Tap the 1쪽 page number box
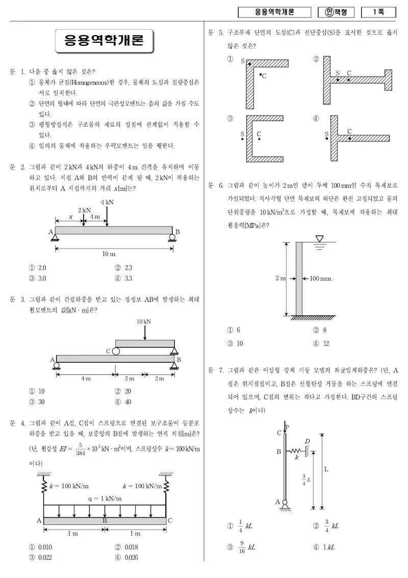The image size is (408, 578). pyautogui.click(x=378, y=12)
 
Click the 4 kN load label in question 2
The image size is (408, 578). pyautogui.click(x=107, y=202)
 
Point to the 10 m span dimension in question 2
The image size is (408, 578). pyautogui.click(x=109, y=254)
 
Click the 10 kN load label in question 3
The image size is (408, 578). pyautogui.click(x=144, y=321)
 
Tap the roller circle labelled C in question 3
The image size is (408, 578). pyautogui.click(x=116, y=351)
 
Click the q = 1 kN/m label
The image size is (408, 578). pyautogui.click(x=105, y=498)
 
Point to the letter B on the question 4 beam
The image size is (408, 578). pyautogui.click(x=105, y=520)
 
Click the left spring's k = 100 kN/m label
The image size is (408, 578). pyautogui.click(x=69, y=486)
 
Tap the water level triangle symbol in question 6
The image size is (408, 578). pyautogui.click(x=319, y=239)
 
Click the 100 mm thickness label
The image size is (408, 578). pyautogui.click(x=320, y=279)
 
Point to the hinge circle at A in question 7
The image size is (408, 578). pyautogui.click(x=285, y=501)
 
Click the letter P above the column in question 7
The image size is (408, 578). pyautogui.click(x=288, y=427)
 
